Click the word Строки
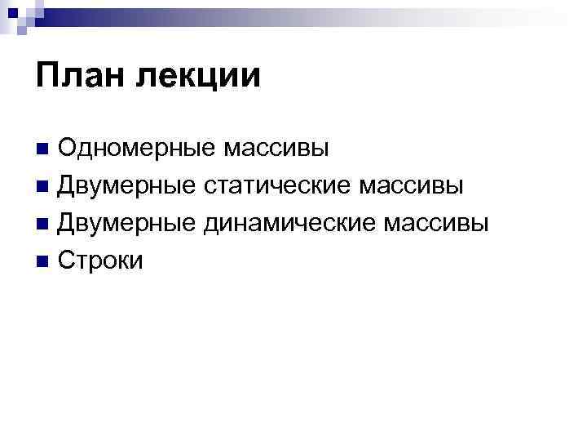[x=100, y=261]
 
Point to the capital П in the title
[x=47, y=77]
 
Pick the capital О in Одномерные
[x=67, y=149]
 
